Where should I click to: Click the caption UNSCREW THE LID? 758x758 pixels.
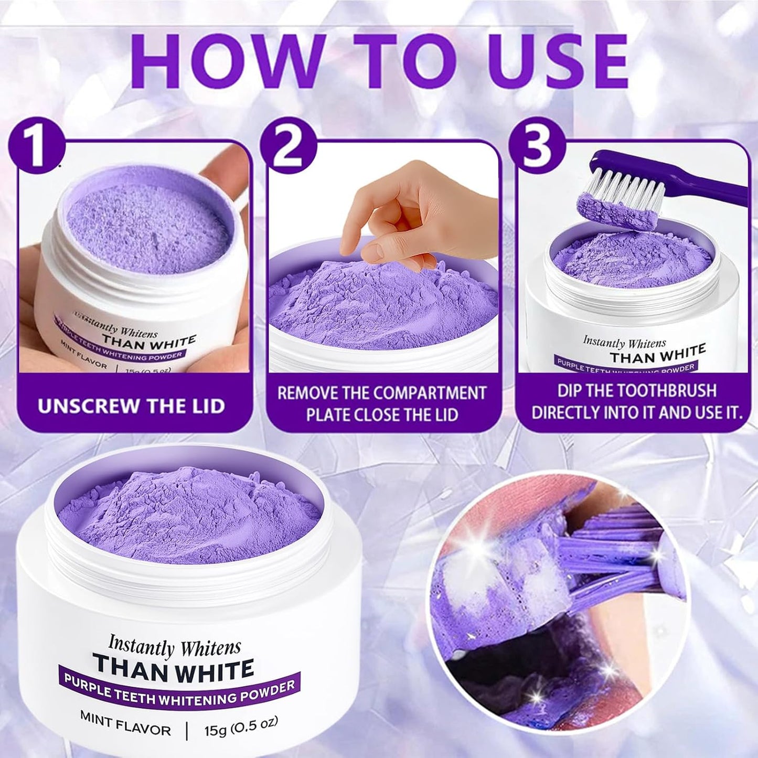pyautogui.click(x=131, y=405)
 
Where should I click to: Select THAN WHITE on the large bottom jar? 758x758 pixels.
pyautogui.click(x=173, y=667)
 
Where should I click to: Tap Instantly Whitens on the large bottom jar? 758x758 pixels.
pyautogui.click(x=175, y=645)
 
